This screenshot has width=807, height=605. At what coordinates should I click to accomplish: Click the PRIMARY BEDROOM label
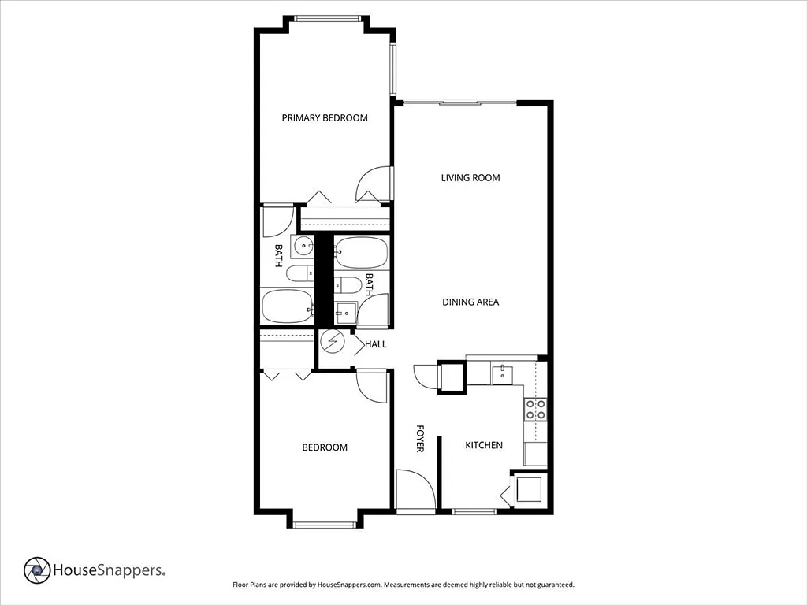325,118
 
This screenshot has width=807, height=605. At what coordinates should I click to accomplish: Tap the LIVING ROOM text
470,178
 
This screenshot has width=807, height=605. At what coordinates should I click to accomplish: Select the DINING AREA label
470,302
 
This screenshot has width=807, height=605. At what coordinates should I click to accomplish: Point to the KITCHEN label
484,445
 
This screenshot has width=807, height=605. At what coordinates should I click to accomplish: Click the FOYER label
420,438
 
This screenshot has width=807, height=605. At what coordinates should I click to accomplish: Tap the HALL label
376,344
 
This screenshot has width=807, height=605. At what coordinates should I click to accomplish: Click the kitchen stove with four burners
535,410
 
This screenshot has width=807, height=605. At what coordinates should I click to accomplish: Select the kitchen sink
502,374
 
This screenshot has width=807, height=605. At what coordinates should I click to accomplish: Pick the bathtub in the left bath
287,306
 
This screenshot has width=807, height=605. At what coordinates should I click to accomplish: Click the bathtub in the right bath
361,253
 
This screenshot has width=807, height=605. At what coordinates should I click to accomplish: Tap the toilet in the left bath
299,273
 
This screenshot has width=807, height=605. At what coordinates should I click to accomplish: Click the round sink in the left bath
303,247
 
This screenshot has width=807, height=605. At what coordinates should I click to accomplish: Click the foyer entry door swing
416,488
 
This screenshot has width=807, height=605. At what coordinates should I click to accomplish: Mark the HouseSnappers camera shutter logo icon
37,570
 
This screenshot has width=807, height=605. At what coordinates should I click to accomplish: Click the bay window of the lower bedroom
325,525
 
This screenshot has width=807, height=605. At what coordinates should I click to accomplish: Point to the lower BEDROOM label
325,447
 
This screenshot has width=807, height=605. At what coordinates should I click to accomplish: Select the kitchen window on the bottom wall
474,511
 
